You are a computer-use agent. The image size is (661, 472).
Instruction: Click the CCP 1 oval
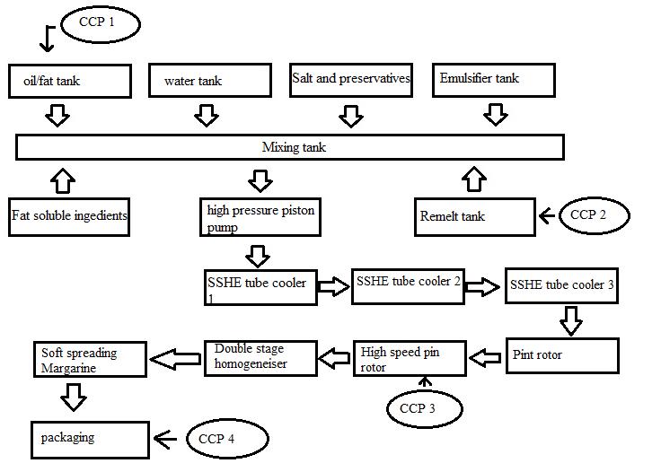101,24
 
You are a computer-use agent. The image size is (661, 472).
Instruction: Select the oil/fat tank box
69,81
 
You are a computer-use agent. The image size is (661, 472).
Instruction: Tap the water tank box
209,81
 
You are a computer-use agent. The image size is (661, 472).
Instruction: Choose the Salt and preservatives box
351,79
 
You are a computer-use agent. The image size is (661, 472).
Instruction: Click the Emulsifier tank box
493,79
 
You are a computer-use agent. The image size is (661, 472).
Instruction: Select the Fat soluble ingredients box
69,216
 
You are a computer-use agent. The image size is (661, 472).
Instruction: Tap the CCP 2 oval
594,215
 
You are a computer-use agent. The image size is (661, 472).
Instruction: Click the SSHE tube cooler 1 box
260,287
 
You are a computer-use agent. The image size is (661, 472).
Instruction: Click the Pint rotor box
562,355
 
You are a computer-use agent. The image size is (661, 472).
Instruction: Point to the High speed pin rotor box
410,358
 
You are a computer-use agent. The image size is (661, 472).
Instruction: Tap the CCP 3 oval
424,408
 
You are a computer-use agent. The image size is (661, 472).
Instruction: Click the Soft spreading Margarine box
91,360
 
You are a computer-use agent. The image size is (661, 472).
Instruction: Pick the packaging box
90,439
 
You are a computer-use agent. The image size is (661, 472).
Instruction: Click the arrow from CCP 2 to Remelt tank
547,216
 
